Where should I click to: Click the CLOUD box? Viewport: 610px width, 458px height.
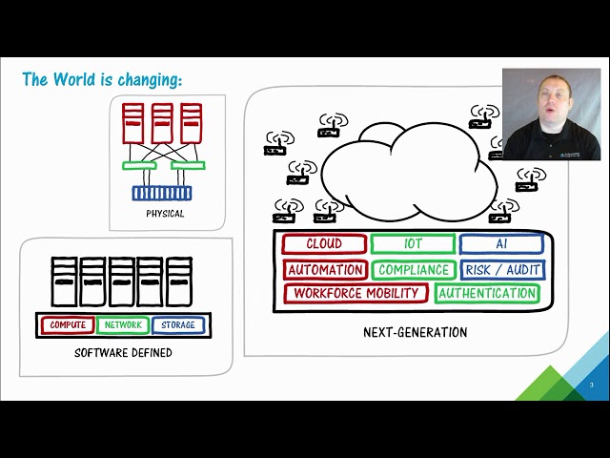324,244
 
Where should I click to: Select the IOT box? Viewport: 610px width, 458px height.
413,244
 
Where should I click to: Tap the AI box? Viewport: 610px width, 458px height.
501,244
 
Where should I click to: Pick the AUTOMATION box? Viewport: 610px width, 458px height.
325,270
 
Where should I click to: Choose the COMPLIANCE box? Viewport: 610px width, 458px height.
413,270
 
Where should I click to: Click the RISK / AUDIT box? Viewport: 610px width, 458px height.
502,270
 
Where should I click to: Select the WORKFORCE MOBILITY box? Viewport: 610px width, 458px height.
355,294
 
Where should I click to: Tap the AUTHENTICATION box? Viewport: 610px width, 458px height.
487,294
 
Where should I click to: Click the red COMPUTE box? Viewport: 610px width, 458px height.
68,325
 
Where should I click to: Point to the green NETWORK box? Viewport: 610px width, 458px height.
123,325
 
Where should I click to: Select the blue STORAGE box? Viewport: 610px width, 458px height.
177,325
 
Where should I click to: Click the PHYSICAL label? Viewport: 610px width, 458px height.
165,214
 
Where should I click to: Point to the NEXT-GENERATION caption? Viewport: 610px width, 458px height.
415,333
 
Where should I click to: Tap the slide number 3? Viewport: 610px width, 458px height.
591,385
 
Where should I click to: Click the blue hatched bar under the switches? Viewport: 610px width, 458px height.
161,194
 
